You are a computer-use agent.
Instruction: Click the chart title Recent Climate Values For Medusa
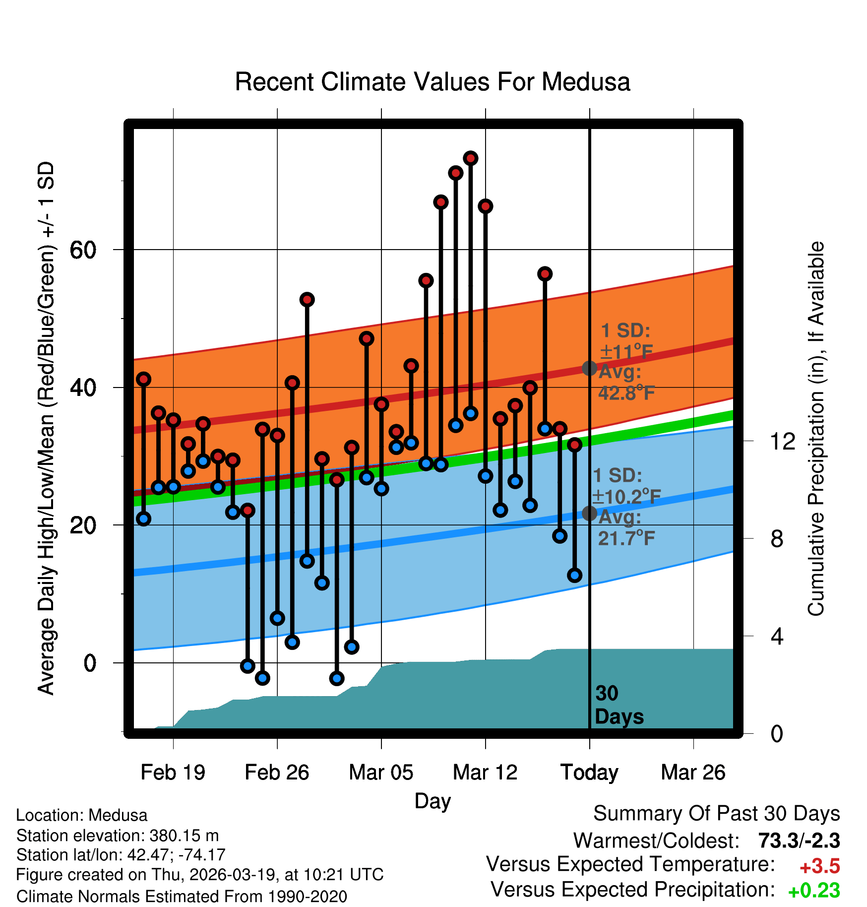432,82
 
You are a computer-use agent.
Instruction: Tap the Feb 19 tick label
173,773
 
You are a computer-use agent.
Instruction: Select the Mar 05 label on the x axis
381,773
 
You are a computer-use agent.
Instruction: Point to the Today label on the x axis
589,773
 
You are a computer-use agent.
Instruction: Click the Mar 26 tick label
693,773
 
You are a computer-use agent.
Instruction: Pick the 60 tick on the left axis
83,250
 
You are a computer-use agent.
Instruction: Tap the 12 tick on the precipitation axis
782,441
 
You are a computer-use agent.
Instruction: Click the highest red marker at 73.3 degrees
470,158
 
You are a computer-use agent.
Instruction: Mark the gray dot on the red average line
589,368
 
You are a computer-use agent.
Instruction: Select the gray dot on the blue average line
589,513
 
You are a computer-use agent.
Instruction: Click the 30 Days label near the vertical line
619,705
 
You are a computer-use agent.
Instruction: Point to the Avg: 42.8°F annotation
626,383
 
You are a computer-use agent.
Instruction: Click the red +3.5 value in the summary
819,866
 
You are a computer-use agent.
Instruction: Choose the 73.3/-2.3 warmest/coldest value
799,841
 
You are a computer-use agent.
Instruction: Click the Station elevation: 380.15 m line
118,836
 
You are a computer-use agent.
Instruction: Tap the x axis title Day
433,801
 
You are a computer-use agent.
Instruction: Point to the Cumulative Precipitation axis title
816,429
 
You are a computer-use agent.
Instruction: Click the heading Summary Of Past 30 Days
716,814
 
